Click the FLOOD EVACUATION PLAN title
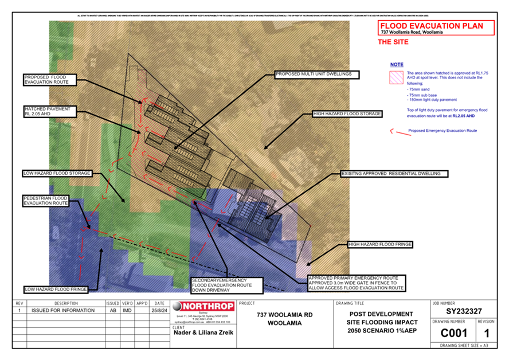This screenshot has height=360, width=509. tap(432, 26)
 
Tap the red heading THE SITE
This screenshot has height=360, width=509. tap(393, 42)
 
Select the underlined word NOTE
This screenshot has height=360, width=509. tap(397, 65)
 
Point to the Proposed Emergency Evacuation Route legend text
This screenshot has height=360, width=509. tap(443, 131)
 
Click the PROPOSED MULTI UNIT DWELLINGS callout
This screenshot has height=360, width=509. tap(316, 75)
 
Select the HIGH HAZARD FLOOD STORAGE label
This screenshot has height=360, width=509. tap(347, 114)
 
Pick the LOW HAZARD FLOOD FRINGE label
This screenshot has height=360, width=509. tap(56, 289)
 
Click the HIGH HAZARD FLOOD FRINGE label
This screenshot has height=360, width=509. tap(380, 245)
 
